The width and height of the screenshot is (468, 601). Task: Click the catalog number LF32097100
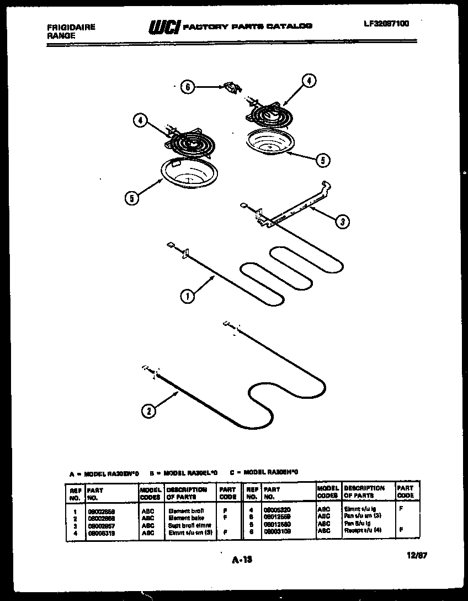pyautogui.click(x=386, y=24)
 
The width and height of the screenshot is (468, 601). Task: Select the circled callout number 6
pyautogui.click(x=189, y=87)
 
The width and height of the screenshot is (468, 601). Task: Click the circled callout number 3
pyautogui.click(x=342, y=222)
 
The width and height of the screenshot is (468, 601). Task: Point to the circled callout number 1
pyautogui.click(x=187, y=297)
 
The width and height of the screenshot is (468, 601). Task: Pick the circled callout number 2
pyautogui.click(x=148, y=410)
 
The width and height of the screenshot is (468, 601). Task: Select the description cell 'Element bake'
pyautogui.click(x=186, y=518)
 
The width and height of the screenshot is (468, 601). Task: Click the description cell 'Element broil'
pyautogui.click(x=186, y=512)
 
